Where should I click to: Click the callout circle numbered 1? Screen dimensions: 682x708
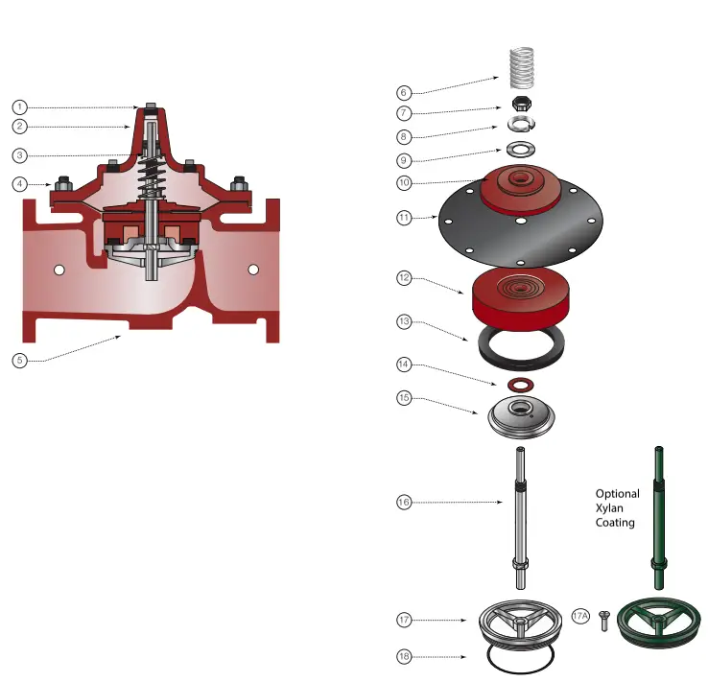[20, 106]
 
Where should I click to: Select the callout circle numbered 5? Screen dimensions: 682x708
[20, 361]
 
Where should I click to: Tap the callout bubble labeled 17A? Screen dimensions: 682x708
[580, 617]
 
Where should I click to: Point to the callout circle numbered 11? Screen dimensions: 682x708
[405, 218]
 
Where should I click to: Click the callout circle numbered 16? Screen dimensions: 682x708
[405, 502]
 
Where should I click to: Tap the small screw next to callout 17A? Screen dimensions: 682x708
[604, 621]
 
